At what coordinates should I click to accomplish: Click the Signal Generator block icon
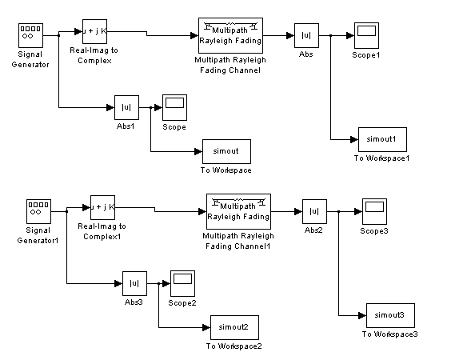[x=30, y=35]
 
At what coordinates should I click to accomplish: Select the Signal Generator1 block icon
[x=38, y=211]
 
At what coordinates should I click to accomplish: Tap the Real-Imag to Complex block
[x=95, y=31]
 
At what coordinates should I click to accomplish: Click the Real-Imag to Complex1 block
[x=102, y=207]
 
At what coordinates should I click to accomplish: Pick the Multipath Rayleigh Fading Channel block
[x=230, y=35]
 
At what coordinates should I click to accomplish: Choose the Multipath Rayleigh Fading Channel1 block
[x=238, y=211]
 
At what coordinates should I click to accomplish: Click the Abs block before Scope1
[x=306, y=35]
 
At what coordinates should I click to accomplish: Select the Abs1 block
[x=126, y=107]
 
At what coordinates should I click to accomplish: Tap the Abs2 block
[x=314, y=211]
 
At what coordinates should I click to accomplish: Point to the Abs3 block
[x=134, y=284]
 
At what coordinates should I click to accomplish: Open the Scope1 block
[x=366, y=35]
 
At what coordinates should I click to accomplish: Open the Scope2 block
[x=182, y=284]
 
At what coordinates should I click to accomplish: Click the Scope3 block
[x=374, y=211]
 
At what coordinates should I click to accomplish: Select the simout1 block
[x=382, y=139]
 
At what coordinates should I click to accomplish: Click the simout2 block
[x=234, y=327]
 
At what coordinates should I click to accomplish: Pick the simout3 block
[x=390, y=315]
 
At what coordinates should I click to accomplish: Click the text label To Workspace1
[x=381, y=158]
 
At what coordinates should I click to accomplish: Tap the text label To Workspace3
[x=390, y=334]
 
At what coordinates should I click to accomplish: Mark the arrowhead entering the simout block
[x=198, y=151]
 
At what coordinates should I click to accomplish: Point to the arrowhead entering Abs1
[x=110, y=107]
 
